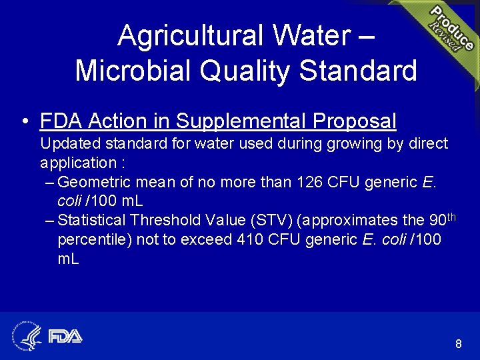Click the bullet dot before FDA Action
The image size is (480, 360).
pos(24,122)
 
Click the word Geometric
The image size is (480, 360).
pos(94,182)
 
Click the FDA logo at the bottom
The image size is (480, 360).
pos(65,336)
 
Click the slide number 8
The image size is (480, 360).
pos(458,344)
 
